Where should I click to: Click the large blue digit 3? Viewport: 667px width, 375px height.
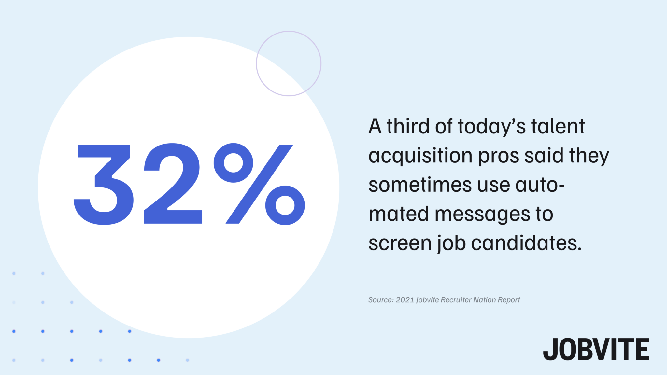[x=104, y=184]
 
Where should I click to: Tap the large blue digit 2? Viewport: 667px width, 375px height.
[x=173, y=184]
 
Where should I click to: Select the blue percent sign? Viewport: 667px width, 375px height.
[x=259, y=184]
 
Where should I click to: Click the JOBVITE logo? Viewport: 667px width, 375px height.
[x=596, y=349]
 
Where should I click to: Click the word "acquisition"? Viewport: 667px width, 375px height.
[x=420, y=156]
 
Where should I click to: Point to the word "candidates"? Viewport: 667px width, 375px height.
[x=526, y=243]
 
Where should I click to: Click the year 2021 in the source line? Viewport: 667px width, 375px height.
[x=405, y=300]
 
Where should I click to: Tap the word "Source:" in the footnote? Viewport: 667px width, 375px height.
[x=381, y=300]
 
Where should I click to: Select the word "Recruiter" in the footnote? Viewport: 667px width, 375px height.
[x=455, y=300]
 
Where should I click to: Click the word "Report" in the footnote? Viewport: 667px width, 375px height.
[x=509, y=300]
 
